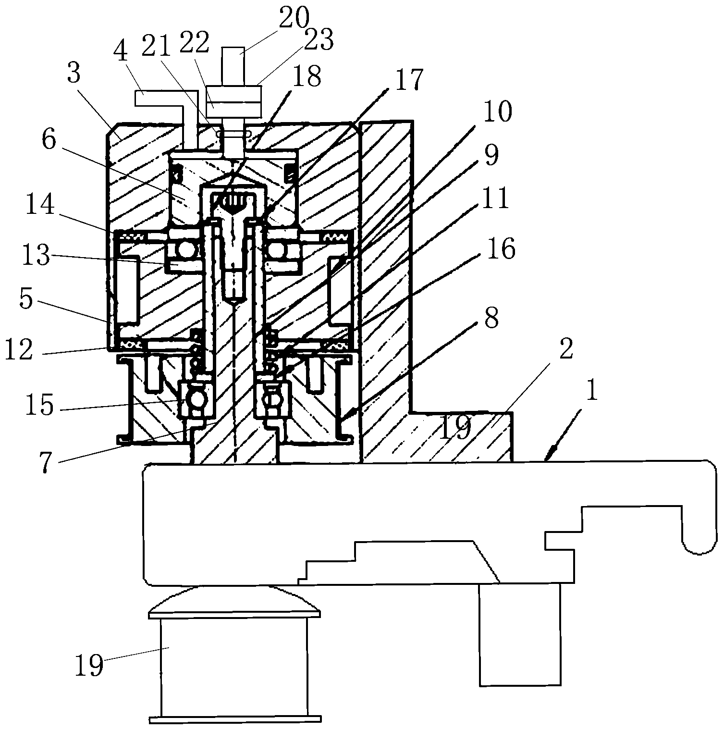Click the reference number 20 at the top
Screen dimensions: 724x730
[294, 18]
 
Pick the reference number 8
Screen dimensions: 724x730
[491, 319]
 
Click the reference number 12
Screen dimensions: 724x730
[19, 349]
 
